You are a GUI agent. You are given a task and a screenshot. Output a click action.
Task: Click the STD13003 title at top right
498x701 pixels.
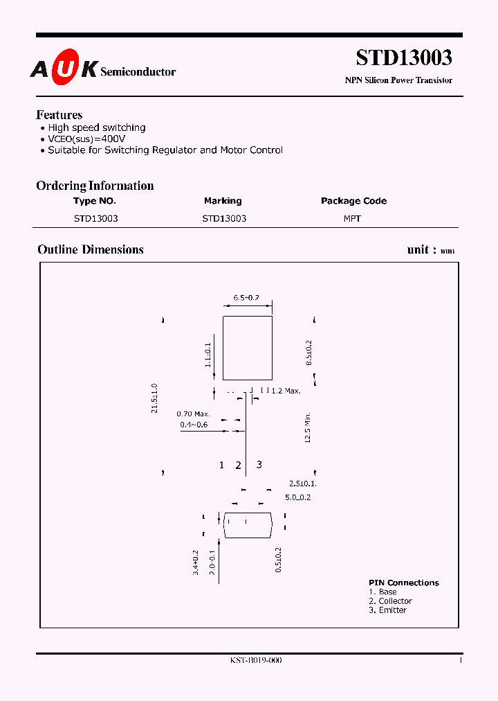click(x=404, y=57)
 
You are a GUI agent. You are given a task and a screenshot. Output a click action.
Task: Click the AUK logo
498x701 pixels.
click(x=63, y=69)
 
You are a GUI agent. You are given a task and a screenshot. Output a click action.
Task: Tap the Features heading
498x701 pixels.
click(x=59, y=115)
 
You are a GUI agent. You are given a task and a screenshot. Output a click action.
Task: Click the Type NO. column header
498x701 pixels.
click(x=95, y=201)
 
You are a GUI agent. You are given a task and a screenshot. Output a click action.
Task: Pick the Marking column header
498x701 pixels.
click(x=223, y=201)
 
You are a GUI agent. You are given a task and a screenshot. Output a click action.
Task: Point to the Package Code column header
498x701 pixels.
click(x=353, y=201)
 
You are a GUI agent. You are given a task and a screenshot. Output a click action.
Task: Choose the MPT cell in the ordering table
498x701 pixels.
click(x=353, y=218)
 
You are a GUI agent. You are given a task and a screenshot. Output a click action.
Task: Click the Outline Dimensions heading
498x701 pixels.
click(x=91, y=250)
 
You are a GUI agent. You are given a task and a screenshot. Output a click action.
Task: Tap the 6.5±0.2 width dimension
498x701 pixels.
click(x=246, y=297)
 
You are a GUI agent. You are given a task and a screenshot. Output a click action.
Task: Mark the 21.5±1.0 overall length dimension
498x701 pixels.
click(x=155, y=398)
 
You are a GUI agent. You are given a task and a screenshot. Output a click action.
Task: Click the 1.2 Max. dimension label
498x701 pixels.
click(x=286, y=391)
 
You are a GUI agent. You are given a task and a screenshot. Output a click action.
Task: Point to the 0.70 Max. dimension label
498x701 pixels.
click(x=193, y=414)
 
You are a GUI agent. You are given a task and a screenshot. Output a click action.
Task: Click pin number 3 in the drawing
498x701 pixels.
click(x=259, y=465)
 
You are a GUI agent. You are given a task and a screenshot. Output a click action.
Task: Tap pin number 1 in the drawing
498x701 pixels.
click(x=222, y=465)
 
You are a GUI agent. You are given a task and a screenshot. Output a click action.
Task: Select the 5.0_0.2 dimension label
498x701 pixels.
click(x=297, y=497)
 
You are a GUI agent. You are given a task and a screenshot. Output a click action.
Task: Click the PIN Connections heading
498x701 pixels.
click(x=403, y=583)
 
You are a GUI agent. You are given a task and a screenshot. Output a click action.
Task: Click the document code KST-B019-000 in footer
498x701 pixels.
click(x=256, y=661)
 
